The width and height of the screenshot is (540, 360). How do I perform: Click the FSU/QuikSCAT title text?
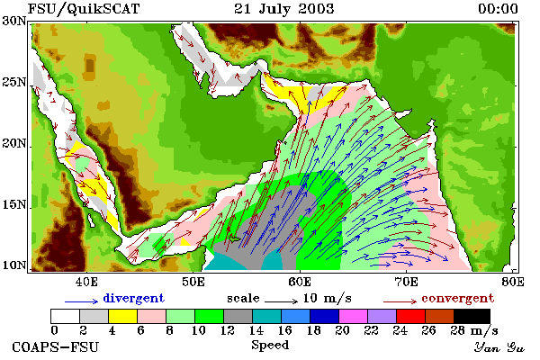click(x=84, y=9)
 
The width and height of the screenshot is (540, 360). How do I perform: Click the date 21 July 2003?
click(x=283, y=9)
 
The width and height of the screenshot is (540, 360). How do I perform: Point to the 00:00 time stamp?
click(x=498, y=9)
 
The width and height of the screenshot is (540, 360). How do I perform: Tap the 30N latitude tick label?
click(x=14, y=21)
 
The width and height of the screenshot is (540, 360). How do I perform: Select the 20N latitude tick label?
click(x=14, y=143)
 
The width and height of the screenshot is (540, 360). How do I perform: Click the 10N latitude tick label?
click(x=14, y=265)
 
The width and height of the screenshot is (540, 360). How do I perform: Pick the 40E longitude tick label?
click(x=86, y=282)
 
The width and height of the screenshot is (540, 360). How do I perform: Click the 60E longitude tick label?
click(x=300, y=282)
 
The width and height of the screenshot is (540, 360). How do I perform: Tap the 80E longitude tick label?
click(x=513, y=282)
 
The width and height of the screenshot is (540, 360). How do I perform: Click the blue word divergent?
click(x=133, y=298)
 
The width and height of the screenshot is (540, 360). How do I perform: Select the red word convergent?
click(x=458, y=298)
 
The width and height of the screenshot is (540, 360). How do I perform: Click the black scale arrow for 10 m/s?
click(x=281, y=301)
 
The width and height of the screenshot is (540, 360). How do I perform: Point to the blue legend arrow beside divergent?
click(x=82, y=301)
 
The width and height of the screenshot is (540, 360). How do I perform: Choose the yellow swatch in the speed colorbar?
click(x=123, y=316)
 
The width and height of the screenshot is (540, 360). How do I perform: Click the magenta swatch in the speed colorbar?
click(x=354, y=316)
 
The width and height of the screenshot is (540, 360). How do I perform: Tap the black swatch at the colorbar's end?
click(x=472, y=316)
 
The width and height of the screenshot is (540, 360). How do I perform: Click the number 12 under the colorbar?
click(x=228, y=330)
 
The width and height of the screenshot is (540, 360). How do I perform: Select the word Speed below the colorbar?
click(x=270, y=345)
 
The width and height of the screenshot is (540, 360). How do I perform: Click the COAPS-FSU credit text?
click(x=55, y=346)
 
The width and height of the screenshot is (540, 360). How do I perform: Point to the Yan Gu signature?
click(x=499, y=347)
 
